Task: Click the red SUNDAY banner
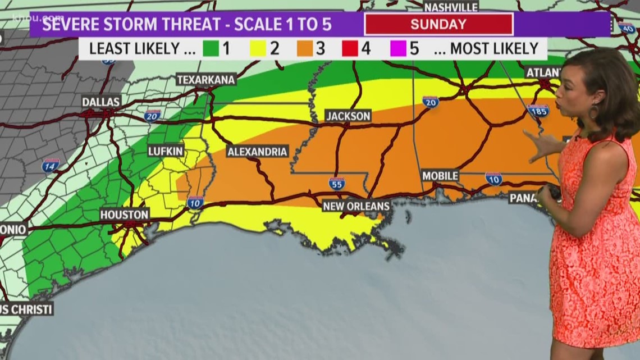click(x=438, y=24)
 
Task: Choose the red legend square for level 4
click(x=349, y=48)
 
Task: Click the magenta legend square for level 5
click(x=397, y=48)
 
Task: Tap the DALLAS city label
click(x=101, y=102)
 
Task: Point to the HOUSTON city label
click(x=124, y=215)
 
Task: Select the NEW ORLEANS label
click(x=356, y=206)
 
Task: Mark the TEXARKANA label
click(x=205, y=80)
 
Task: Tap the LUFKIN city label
click(x=166, y=151)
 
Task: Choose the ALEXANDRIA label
click(x=258, y=151)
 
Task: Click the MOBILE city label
click(x=440, y=176)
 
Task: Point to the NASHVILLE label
click(x=451, y=7)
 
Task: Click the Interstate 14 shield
click(x=51, y=165)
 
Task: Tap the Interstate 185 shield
click(x=538, y=111)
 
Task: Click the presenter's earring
click(x=593, y=111)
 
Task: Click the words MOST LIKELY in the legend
click(x=494, y=48)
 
